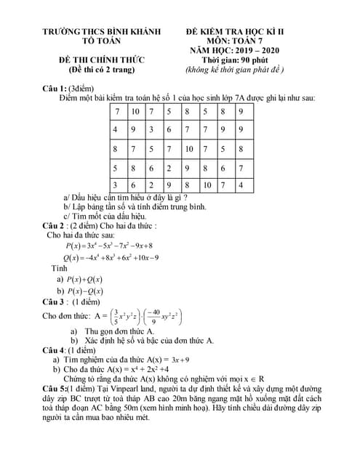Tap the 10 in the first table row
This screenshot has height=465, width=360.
[x=135, y=112]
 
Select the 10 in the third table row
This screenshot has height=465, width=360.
[x=188, y=148]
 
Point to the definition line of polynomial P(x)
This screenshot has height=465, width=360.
[x=109, y=246]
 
